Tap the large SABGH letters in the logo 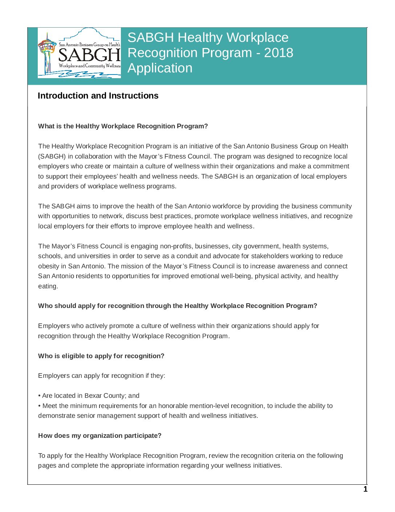click(x=89, y=55)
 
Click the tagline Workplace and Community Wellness click(x=89, y=66)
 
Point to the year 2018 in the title click(x=278, y=53)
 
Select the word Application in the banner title click(x=160, y=68)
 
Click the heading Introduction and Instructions click(x=98, y=96)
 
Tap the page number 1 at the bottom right click(x=365, y=489)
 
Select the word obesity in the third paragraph click(x=48, y=266)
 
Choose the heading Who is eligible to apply click(x=101, y=356)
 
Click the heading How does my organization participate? click(x=100, y=436)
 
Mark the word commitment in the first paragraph click(x=331, y=166)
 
